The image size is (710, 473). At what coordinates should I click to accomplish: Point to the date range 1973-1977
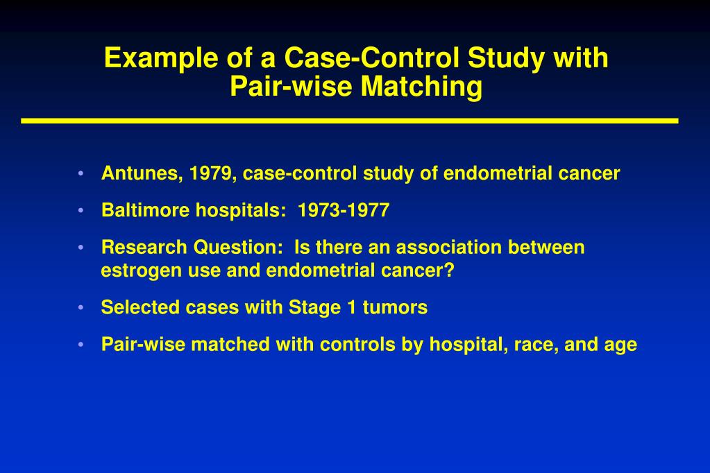tap(344, 211)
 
